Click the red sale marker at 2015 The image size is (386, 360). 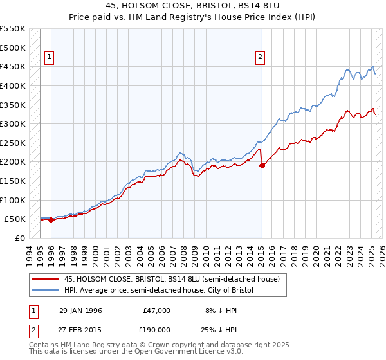(262, 165)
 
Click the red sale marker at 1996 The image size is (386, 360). (51, 220)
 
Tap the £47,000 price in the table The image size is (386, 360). (157, 310)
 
